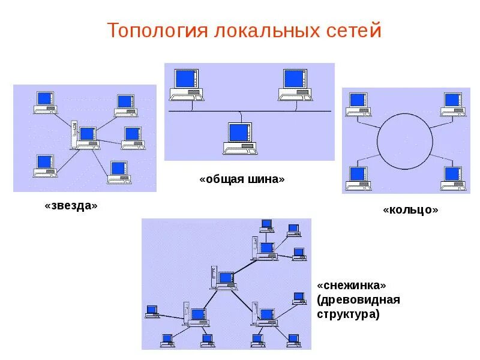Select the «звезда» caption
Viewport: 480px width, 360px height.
tap(71, 206)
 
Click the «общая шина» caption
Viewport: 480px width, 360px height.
tap(242, 179)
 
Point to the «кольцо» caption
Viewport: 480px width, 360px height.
tap(410, 210)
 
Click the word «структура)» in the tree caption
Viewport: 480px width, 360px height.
tap(349, 313)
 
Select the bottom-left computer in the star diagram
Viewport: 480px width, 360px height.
tap(44, 166)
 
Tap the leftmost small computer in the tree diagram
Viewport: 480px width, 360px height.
tap(152, 312)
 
